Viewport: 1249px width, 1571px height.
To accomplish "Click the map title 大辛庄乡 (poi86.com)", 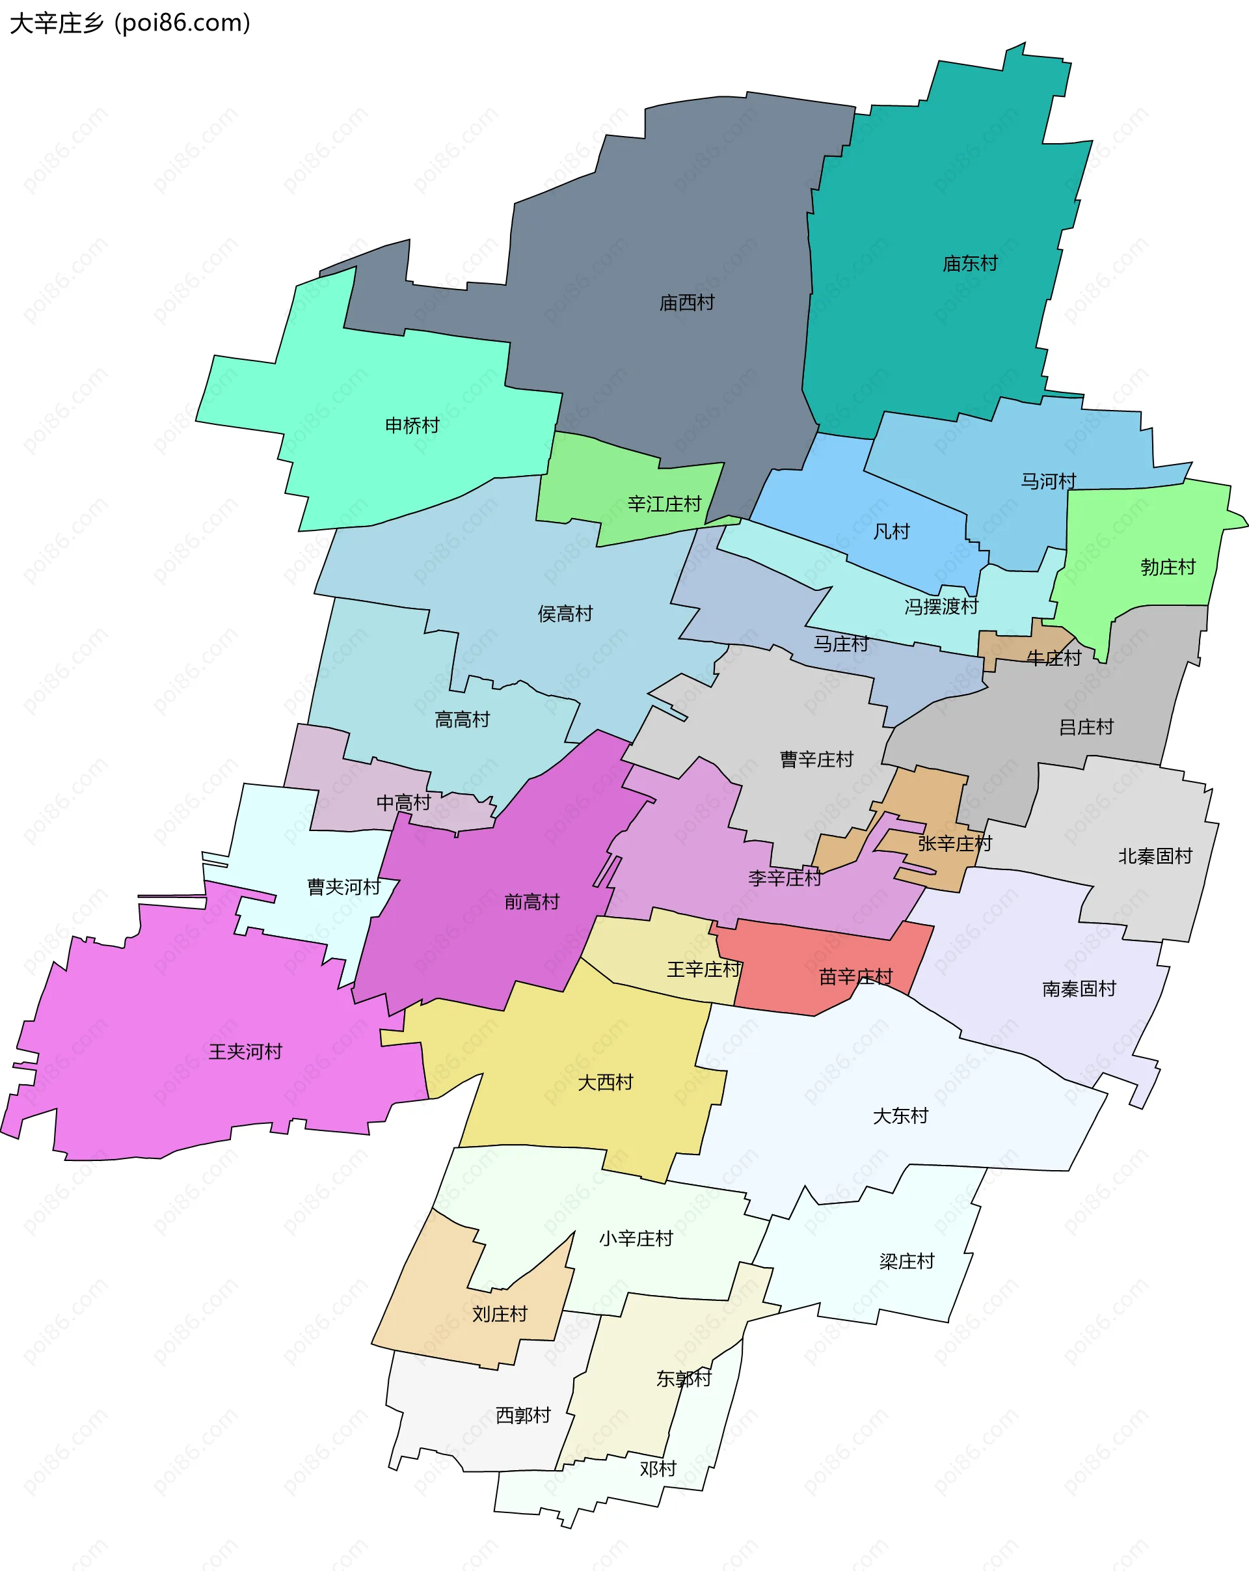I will click(x=129, y=23).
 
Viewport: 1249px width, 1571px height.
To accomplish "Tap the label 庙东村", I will click(x=969, y=264).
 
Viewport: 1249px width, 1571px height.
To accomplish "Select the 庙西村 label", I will click(x=686, y=303).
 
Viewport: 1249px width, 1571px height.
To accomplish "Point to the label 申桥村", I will click(x=412, y=426).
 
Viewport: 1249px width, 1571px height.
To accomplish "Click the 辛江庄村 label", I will click(x=664, y=504).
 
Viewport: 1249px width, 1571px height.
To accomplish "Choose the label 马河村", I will click(x=1047, y=482).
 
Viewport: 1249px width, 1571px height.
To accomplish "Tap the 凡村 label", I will click(x=891, y=532).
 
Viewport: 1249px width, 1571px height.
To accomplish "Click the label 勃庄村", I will click(x=1168, y=567).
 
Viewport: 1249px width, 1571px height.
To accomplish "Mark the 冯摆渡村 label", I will click(x=940, y=607).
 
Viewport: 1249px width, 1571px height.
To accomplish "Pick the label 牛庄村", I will click(x=1053, y=659).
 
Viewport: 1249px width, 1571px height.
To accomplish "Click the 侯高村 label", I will click(x=565, y=614).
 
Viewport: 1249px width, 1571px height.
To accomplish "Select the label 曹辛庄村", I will click(x=816, y=760).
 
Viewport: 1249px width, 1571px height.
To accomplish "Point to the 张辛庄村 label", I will click(x=954, y=844).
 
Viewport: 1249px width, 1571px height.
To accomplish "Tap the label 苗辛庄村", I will click(x=855, y=977).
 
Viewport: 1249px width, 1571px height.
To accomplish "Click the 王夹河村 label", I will click(x=245, y=1052).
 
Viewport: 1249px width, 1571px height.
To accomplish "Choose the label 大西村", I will click(x=604, y=1083).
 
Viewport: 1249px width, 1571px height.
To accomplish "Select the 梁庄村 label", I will click(x=906, y=1261).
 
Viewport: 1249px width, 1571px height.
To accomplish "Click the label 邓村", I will click(x=658, y=1469).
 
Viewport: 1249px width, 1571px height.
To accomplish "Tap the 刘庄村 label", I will click(x=499, y=1315).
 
